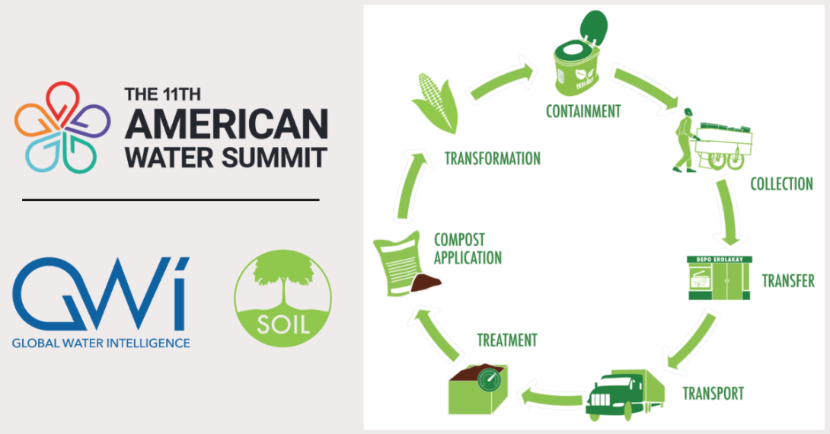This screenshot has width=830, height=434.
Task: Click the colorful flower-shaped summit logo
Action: [x=62, y=126]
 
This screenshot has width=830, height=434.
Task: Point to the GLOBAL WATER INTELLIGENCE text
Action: [x=101, y=343]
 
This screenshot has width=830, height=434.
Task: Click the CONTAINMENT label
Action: [x=583, y=112]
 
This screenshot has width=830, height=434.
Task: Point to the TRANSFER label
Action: [x=788, y=281]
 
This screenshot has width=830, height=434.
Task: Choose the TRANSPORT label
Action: [x=713, y=394]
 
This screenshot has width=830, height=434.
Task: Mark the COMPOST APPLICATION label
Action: [x=468, y=249]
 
